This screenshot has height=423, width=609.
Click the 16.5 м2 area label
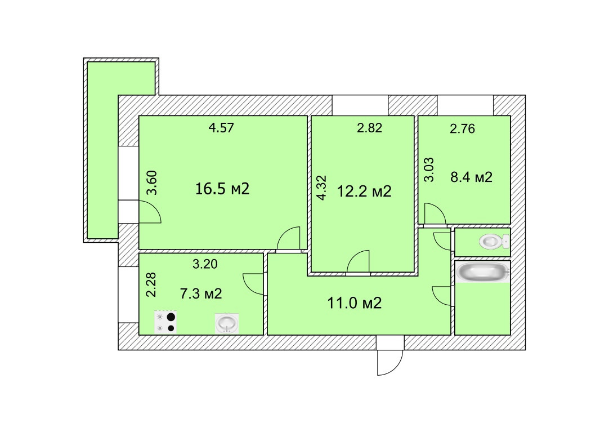222,189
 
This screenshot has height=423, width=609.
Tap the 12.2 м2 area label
364,192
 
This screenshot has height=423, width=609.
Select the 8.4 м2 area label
472,178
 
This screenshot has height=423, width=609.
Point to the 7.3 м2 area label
200,293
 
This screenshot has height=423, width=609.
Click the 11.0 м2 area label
355,304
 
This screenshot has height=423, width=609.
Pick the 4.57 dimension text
221,128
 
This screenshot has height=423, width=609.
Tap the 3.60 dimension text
151,182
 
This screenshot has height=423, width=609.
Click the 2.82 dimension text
369,128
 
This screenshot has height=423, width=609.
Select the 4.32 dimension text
321,188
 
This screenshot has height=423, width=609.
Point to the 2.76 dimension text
462,129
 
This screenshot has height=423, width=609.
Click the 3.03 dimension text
429,171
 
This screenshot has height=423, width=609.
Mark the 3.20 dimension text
204,262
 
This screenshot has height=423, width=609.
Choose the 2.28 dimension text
151,286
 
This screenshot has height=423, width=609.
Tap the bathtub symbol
483,273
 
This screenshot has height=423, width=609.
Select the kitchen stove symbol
165,322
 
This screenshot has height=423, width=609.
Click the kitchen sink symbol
227,323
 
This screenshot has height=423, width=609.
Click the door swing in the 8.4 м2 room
435,215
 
